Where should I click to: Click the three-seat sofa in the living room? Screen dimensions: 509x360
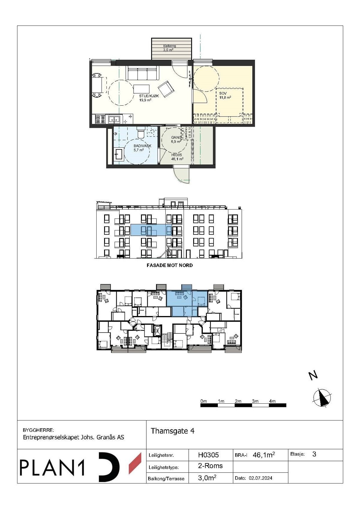143,73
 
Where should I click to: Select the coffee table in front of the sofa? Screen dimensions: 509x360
141,89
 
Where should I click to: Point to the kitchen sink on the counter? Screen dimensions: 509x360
114,119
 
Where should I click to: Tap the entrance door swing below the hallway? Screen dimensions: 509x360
181,175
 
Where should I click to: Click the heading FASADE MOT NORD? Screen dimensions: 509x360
169,265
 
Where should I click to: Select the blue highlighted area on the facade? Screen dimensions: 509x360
151,230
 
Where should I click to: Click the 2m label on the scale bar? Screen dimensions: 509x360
238,401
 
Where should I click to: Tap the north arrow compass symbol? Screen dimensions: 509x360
322,398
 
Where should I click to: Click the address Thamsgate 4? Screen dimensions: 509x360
172,431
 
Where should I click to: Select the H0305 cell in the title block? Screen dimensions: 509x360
208,455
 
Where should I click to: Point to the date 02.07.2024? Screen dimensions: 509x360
260,478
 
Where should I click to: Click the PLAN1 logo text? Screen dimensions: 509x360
52,468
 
